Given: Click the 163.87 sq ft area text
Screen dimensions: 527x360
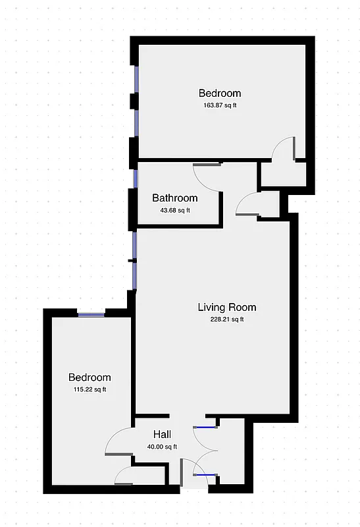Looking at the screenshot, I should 220,105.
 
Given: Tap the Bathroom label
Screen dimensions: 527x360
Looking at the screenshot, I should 174,198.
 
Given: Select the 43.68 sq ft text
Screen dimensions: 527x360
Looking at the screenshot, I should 174,211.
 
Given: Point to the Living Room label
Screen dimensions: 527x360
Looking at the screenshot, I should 227,307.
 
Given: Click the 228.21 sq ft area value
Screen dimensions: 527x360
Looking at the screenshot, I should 227,320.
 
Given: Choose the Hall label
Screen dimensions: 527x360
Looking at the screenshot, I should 162,434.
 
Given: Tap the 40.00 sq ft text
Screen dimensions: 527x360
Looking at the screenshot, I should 162,447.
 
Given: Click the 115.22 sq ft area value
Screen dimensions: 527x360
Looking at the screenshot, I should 90,390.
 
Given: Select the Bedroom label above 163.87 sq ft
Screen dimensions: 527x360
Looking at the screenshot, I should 220,93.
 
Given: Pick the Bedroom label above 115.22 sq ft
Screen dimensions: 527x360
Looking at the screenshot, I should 90,377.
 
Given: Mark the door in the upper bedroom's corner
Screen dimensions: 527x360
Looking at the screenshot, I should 284,148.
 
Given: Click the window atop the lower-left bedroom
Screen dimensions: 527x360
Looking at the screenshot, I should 91,313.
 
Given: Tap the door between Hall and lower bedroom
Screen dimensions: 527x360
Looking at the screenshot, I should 116,441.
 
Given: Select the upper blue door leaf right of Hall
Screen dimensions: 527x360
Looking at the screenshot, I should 206,428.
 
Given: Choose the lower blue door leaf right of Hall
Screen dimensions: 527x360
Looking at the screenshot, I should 206,474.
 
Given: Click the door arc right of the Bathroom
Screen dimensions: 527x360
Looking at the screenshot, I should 247,205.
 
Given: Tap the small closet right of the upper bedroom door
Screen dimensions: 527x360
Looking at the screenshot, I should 283,175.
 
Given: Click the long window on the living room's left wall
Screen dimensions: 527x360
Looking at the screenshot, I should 134,260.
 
